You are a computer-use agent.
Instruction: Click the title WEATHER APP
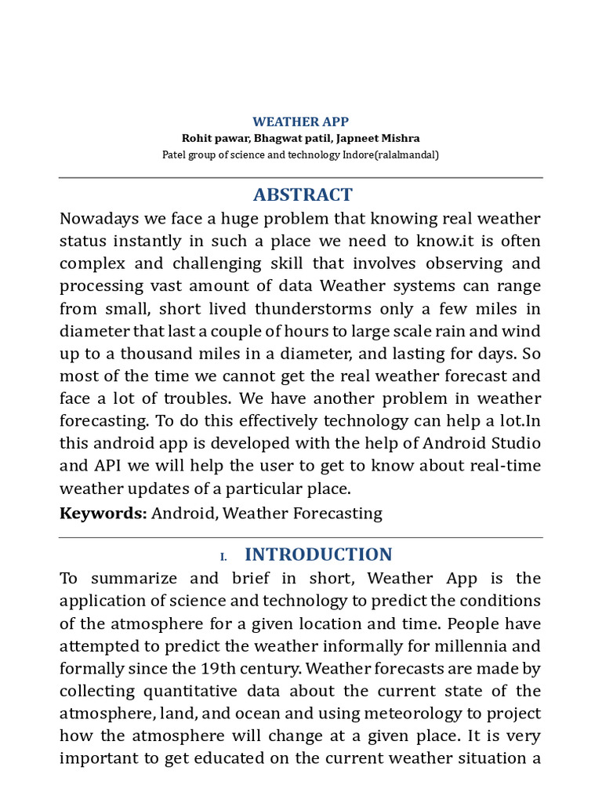pos(300,122)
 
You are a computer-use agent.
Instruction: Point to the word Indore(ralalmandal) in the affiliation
pos(390,154)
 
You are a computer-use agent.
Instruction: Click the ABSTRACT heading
pos(302,194)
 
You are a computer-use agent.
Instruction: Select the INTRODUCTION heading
pos(318,554)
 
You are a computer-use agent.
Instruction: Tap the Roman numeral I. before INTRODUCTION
pos(223,556)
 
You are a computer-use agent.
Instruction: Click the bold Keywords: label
pos(103,514)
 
